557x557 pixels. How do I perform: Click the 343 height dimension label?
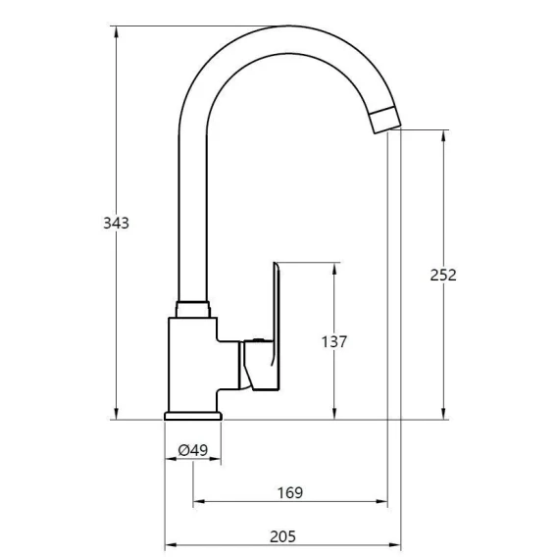(x=116, y=223)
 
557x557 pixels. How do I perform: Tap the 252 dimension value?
(x=443, y=275)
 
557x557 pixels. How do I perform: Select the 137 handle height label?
(x=334, y=341)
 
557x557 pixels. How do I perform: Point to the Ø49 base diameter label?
(x=193, y=450)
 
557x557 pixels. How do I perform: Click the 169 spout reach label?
(x=290, y=492)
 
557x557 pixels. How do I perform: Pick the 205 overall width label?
(x=282, y=536)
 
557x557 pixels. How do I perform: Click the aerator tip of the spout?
(x=385, y=120)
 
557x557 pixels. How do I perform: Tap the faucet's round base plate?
(x=193, y=416)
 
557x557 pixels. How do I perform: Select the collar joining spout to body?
(x=193, y=310)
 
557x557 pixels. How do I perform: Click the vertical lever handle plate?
(x=277, y=327)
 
